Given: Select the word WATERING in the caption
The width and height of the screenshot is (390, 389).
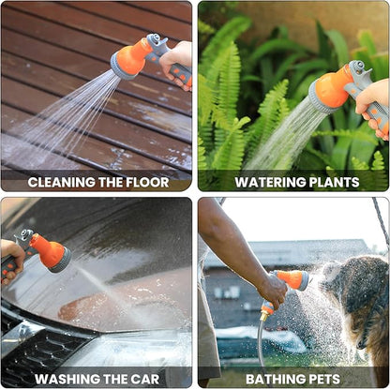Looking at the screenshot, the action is pos(266,183).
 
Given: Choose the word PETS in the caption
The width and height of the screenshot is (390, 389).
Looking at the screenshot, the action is pos(325,380).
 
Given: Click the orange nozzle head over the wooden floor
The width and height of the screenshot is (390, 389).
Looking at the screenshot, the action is pos(128,60).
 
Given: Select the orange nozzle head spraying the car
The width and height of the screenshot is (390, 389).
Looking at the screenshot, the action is pos(52,251).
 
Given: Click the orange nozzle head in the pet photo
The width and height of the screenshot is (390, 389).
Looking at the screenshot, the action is pos(293,279).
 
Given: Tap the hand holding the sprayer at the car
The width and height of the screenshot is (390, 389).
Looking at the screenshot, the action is pos(11,261).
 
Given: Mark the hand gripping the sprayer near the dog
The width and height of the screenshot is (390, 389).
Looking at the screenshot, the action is pos(272,290).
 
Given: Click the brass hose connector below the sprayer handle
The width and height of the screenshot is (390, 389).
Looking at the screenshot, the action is pos(264,317).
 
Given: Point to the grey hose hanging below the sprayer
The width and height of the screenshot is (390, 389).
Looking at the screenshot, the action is pos(260,347).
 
